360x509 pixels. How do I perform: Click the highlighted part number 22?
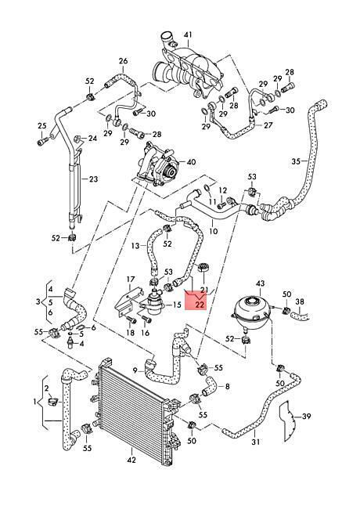click(200, 305)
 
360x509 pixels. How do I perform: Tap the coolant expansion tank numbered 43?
click(250, 312)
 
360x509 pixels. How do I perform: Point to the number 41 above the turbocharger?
click(188, 34)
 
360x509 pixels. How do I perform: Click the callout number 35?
click(296, 161)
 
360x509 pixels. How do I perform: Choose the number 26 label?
click(123, 61)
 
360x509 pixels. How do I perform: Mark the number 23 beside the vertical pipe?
click(93, 179)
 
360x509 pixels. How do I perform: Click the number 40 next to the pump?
click(192, 161)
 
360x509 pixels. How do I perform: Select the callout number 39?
click(306, 416)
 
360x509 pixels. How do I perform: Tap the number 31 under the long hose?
click(256, 442)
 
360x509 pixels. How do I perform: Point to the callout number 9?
click(135, 370)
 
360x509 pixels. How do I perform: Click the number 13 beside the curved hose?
click(135, 246)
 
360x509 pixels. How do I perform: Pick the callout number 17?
click(131, 280)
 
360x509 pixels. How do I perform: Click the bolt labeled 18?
click(131, 320)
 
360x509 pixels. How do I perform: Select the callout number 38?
click(300, 302)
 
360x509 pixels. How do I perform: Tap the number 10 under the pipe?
click(214, 232)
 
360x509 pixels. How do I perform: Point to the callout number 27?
click(268, 125)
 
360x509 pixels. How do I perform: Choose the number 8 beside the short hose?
click(228, 387)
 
